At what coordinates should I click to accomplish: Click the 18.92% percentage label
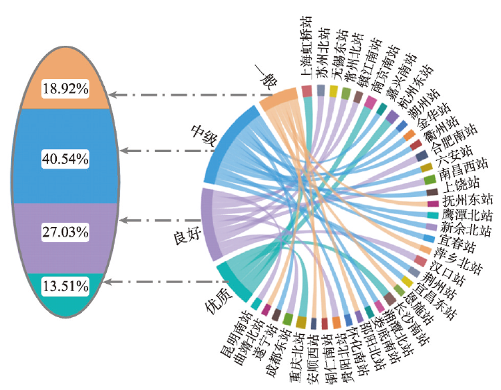click(x=65, y=89)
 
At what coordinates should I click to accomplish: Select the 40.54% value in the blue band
click(x=65, y=159)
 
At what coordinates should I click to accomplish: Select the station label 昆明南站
click(x=235, y=334)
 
